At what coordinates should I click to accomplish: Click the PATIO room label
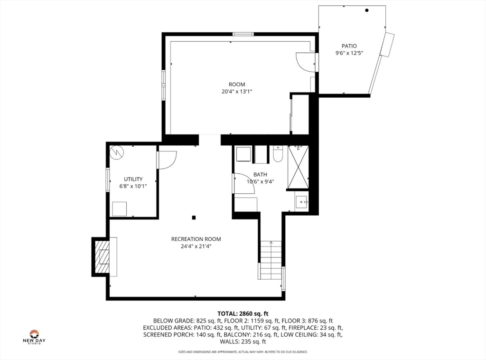point(349,46)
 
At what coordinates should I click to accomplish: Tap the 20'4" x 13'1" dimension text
point(236,92)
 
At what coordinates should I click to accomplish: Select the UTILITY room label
point(133,179)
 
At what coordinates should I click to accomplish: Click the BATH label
point(260,174)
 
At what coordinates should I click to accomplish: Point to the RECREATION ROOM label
point(196,239)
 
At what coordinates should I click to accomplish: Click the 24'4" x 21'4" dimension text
point(196,246)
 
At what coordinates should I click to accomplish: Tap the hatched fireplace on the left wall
point(102,256)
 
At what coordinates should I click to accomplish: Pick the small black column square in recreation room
point(194,218)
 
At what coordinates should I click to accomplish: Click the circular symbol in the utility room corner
point(116,152)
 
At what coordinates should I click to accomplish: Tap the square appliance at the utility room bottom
point(120,208)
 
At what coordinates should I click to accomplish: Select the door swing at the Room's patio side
point(305,62)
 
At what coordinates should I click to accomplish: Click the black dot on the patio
point(367,10)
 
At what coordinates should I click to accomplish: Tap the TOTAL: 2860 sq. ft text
point(243,313)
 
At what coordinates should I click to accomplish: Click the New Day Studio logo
point(34,336)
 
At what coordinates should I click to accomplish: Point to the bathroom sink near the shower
point(301,202)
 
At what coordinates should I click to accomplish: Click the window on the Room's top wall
point(243,34)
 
